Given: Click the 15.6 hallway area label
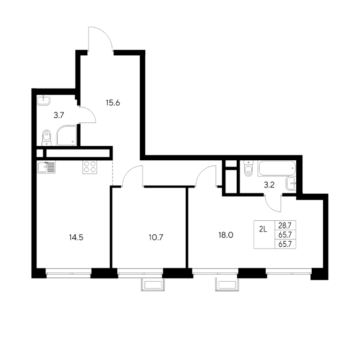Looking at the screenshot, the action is click(112, 103).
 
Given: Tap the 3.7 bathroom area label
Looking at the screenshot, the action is click(59, 115).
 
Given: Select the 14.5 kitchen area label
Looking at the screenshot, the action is click(76, 237).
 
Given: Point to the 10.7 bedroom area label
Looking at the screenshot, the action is click(156, 237).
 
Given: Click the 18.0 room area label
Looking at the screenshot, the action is click(226, 235).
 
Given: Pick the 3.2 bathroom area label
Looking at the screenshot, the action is click(269, 185).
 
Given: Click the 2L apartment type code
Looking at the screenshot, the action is click(263, 229).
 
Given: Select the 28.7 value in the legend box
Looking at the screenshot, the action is click(285, 225).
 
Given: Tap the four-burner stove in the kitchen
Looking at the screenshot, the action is click(90, 167).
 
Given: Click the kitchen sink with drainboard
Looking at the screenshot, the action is click(46, 167).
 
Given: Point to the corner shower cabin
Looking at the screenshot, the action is click(67, 135).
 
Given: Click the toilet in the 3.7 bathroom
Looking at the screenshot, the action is click(46, 137).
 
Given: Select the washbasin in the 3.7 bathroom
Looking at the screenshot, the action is click(44, 100).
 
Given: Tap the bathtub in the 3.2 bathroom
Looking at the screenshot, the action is click(277, 168).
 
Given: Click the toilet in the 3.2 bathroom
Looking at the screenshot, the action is click(248, 168).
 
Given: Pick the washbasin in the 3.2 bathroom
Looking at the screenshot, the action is click(291, 183).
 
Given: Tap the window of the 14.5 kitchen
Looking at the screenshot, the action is click(68, 273).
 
